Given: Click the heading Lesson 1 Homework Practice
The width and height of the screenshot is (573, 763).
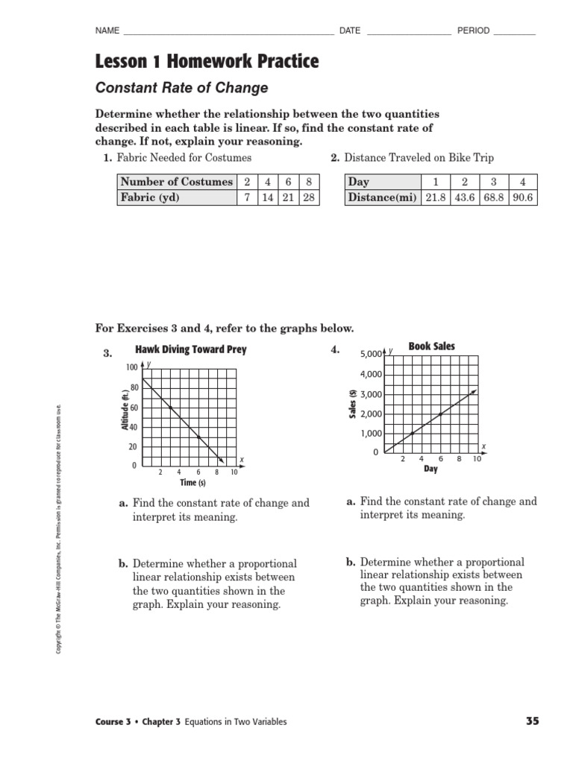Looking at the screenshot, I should coord(207,62).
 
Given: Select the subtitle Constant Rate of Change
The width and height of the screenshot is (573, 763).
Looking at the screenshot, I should coord(182,88).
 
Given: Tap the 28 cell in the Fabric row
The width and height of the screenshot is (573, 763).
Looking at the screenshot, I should coord(308,197).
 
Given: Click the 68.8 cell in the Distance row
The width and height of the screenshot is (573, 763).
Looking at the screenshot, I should coord(492,197).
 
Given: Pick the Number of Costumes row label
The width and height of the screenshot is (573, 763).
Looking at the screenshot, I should coord(176,182).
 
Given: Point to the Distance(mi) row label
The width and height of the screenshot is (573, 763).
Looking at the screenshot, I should coord(383,197).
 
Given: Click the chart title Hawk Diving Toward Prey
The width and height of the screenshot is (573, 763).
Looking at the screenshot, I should coord(190,349).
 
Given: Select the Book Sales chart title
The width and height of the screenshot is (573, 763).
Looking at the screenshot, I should coord(431,346).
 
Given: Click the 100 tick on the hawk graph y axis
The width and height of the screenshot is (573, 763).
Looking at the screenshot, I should coord(132,368).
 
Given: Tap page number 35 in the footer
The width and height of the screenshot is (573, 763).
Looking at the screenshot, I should coord(532,721).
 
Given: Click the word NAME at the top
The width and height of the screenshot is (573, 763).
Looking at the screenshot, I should coord(107,31).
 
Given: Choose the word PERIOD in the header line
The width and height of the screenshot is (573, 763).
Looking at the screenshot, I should coord(473,31).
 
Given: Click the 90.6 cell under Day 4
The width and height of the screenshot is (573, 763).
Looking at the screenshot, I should coord(522,197).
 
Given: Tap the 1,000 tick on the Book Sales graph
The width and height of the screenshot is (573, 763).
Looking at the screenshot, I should coord(369,434).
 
